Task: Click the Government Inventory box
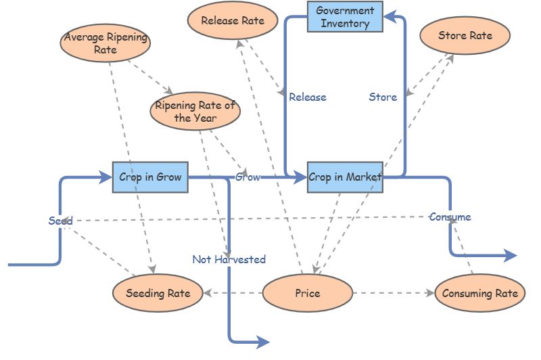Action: tap(345, 17)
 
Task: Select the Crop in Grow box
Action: tap(150, 177)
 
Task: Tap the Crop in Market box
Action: tap(345, 177)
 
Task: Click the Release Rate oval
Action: tap(232, 20)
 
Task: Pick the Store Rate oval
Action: tap(465, 35)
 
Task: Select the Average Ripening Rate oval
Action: tap(105, 43)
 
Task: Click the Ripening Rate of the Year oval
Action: tap(195, 112)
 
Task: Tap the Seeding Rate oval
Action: tap(158, 293)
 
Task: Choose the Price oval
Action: tap(307, 293)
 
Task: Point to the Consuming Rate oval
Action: tap(479, 293)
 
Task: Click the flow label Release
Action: tap(307, 97)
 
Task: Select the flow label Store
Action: tap(383, 97)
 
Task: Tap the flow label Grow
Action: tap(248, 177)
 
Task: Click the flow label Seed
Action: tap(60, 221)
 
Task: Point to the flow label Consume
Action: tap(450, 217)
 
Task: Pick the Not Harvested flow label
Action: tap(229, 259)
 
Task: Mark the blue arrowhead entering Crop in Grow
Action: tap(105, 177)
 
